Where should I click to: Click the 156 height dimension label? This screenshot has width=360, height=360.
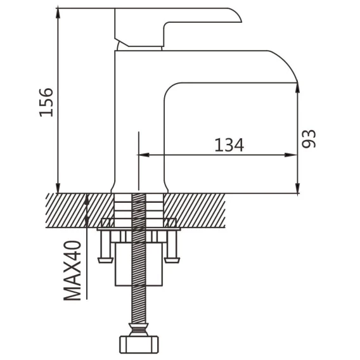pyautogui.click(x=46, y=103)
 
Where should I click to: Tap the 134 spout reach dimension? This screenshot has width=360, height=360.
pyautogui.click(x=229, y=145)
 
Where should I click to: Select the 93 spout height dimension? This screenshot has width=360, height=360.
pyautogui.click(x=309, y=139)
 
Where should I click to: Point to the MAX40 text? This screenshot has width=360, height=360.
pyautogui.click(x=72, y=271)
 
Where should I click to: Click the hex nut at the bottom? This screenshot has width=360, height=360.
pyautogui.click(x=139, y=345)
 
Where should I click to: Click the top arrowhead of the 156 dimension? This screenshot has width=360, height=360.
pyautogui.click(x=58, y=13)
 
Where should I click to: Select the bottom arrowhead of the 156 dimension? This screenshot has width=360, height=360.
pyautogui.click(x=58, y=188)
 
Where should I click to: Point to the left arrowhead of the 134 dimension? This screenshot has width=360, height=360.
pyautogui.click(x=143, y=155)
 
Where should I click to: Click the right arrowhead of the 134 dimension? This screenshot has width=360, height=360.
pyautogui.click(x=291, y=155)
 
